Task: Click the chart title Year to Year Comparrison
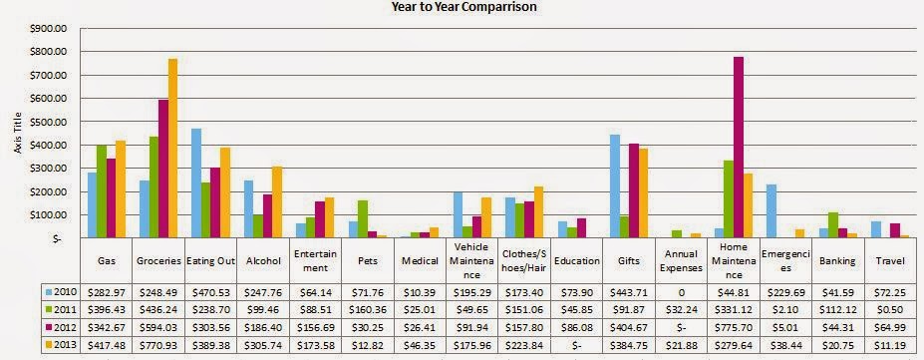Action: click(463, 6)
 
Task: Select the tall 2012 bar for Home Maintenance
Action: click(739, 148)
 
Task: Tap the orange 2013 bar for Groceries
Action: click(172, 148)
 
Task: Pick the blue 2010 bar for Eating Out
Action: click(196, 183)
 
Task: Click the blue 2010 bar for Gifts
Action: click(615, 186)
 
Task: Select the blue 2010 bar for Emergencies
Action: click(771, 211)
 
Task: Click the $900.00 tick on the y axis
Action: click(53, 29)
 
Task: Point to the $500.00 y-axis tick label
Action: click(53, 122)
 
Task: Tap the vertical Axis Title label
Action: click(18, 134)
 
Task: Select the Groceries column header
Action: click(158, 260)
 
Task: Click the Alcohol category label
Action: click(263, 260)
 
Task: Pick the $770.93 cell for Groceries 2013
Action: click(158, 345)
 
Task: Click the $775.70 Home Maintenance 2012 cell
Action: click(733, 327)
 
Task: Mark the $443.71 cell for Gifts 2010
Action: click(628, 291)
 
